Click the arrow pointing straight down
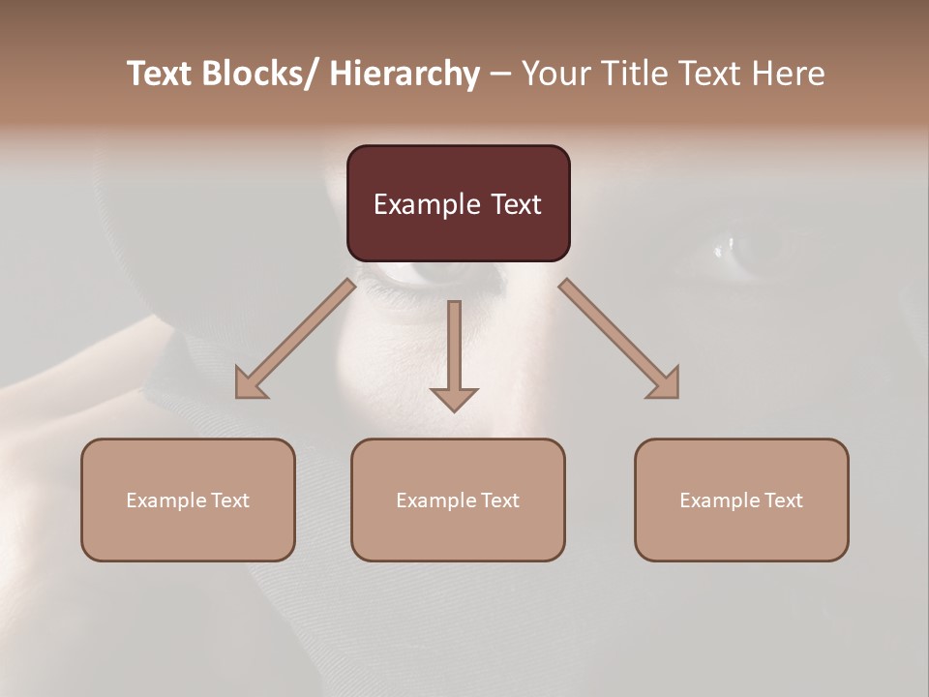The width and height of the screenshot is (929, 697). pos(454,353)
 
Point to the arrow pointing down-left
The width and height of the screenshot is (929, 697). pos(295,339)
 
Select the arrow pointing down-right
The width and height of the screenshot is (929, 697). pos(619,339)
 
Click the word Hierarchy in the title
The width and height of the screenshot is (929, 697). pos(405,74)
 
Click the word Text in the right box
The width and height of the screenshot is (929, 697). pos(782,500)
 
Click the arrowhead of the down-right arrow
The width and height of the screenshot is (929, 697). pos(666,385)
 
